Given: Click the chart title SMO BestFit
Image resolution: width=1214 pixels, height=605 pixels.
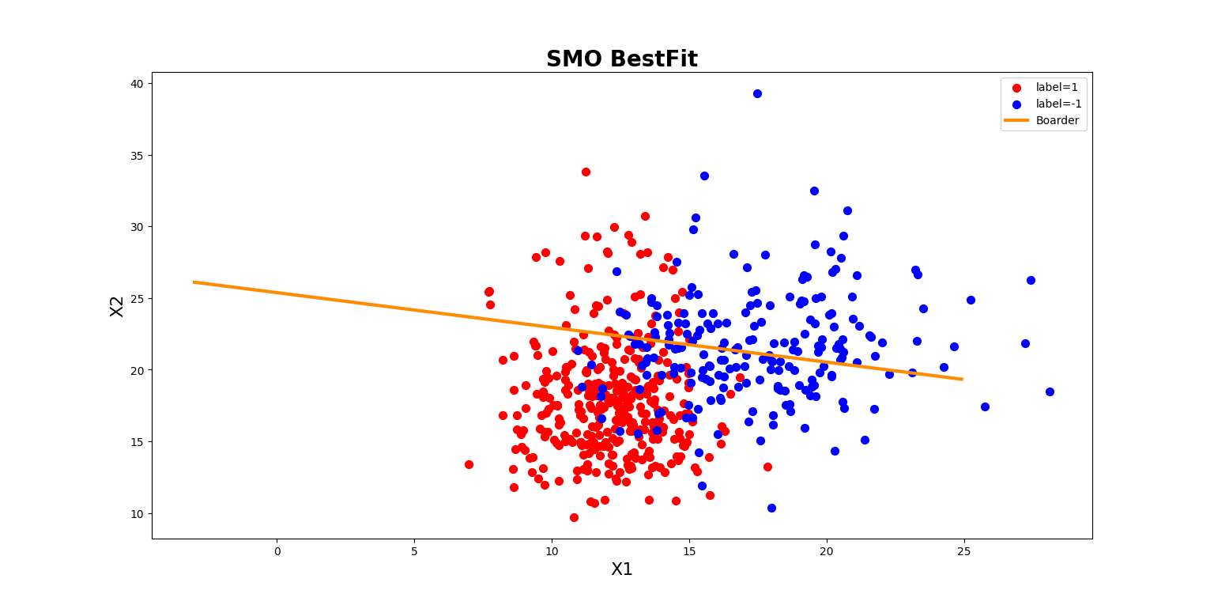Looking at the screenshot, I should (621, 59).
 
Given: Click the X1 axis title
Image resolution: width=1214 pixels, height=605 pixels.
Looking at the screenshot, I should (621, 569).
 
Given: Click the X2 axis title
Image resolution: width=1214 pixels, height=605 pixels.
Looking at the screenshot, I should (117, 306).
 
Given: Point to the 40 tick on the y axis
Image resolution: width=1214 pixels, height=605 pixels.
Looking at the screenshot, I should (138, 84).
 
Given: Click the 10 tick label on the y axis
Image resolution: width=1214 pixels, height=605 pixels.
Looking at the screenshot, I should (138, 514).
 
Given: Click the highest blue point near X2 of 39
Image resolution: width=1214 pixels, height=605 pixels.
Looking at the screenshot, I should (757, 93).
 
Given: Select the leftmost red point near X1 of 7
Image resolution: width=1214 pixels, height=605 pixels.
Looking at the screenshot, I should (469, 464).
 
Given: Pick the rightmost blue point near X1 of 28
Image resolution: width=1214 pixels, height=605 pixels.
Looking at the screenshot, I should (1050, 391).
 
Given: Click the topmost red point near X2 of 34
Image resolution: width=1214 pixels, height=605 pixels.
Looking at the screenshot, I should (586, 172).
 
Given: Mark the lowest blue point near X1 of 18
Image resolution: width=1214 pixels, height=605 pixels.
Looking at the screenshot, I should (771, 508).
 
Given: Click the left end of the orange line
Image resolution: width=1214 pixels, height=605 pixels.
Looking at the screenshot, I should (194, 282).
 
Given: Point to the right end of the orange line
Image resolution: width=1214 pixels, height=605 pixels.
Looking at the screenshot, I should (961, 379).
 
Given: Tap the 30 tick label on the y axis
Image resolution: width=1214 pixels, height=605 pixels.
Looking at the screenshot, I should (138, 227).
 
